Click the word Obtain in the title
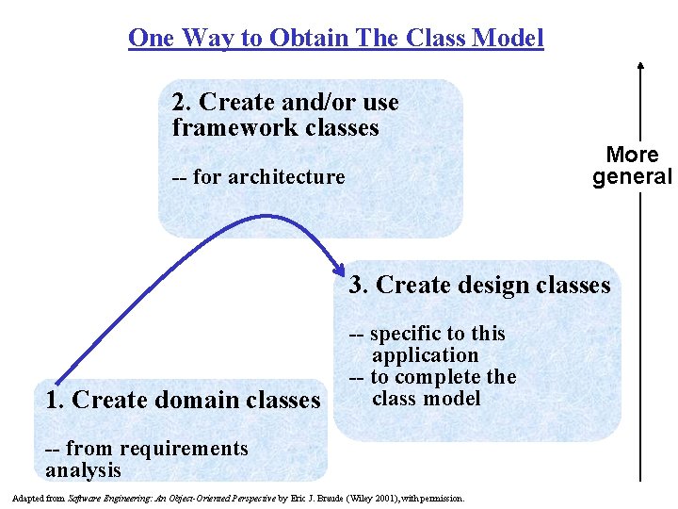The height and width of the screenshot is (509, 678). (x=306, y=39)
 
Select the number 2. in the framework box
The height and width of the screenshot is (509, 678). (x=183, y=102)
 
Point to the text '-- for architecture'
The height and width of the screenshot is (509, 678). (x=258, y=176)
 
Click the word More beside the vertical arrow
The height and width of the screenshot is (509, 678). (x=632, y=155)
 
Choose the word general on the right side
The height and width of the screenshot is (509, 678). (x=632, y=176)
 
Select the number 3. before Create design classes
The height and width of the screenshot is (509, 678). (x=360, y=286)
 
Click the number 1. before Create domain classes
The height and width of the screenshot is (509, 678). (x=55, y=400)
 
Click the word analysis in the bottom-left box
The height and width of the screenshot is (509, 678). (x=83, y=469)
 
